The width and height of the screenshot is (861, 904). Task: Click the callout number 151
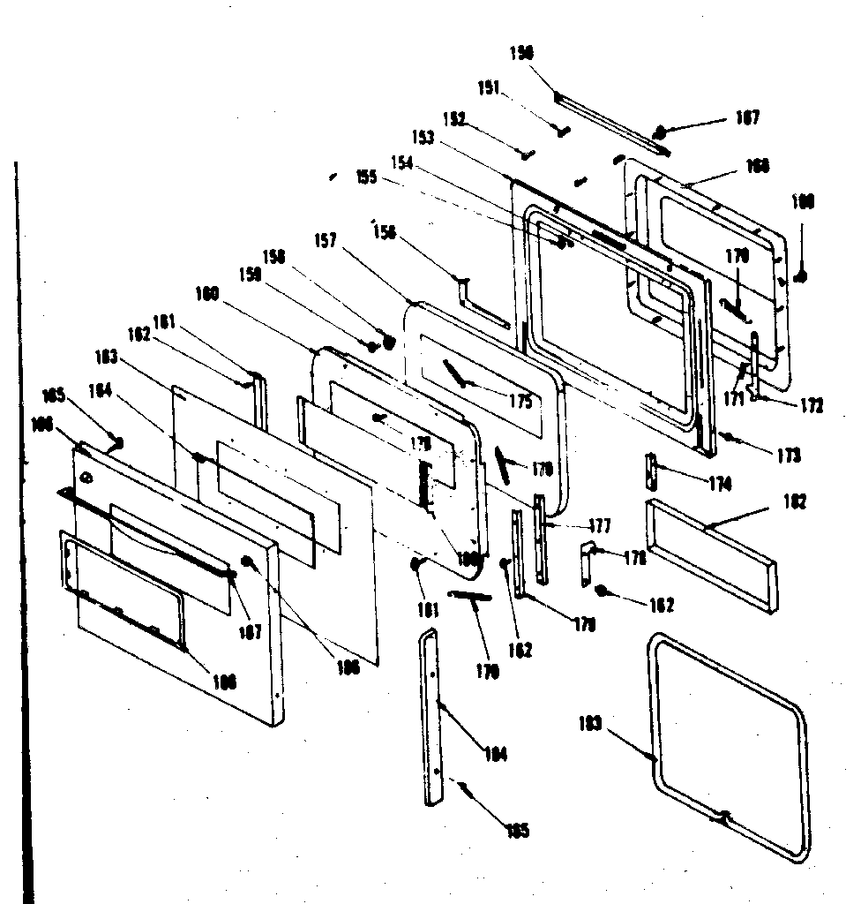click(489, 87)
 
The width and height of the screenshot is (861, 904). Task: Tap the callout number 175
click(520, 403)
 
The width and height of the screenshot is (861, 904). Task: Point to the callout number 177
click(599, 526)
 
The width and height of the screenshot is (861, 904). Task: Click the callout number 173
click(789, 456)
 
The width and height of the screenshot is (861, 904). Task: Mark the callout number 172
click(812, 406)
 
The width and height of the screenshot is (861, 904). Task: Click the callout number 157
click(326, 240)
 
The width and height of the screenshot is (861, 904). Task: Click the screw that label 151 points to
click(561, 130)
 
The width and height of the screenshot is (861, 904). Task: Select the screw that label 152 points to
click(528, 154)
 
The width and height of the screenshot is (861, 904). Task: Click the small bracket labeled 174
click(652, 471)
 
